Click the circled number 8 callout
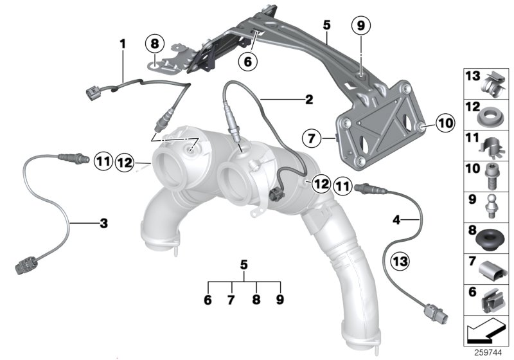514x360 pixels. click(154, 44)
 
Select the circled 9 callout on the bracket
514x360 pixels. click(360, 26)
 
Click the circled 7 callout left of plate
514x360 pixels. click(311, 138)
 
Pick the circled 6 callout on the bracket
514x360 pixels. click(247, 62)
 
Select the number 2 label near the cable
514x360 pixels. click(308, 100)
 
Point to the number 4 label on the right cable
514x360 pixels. click(397, 219)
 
